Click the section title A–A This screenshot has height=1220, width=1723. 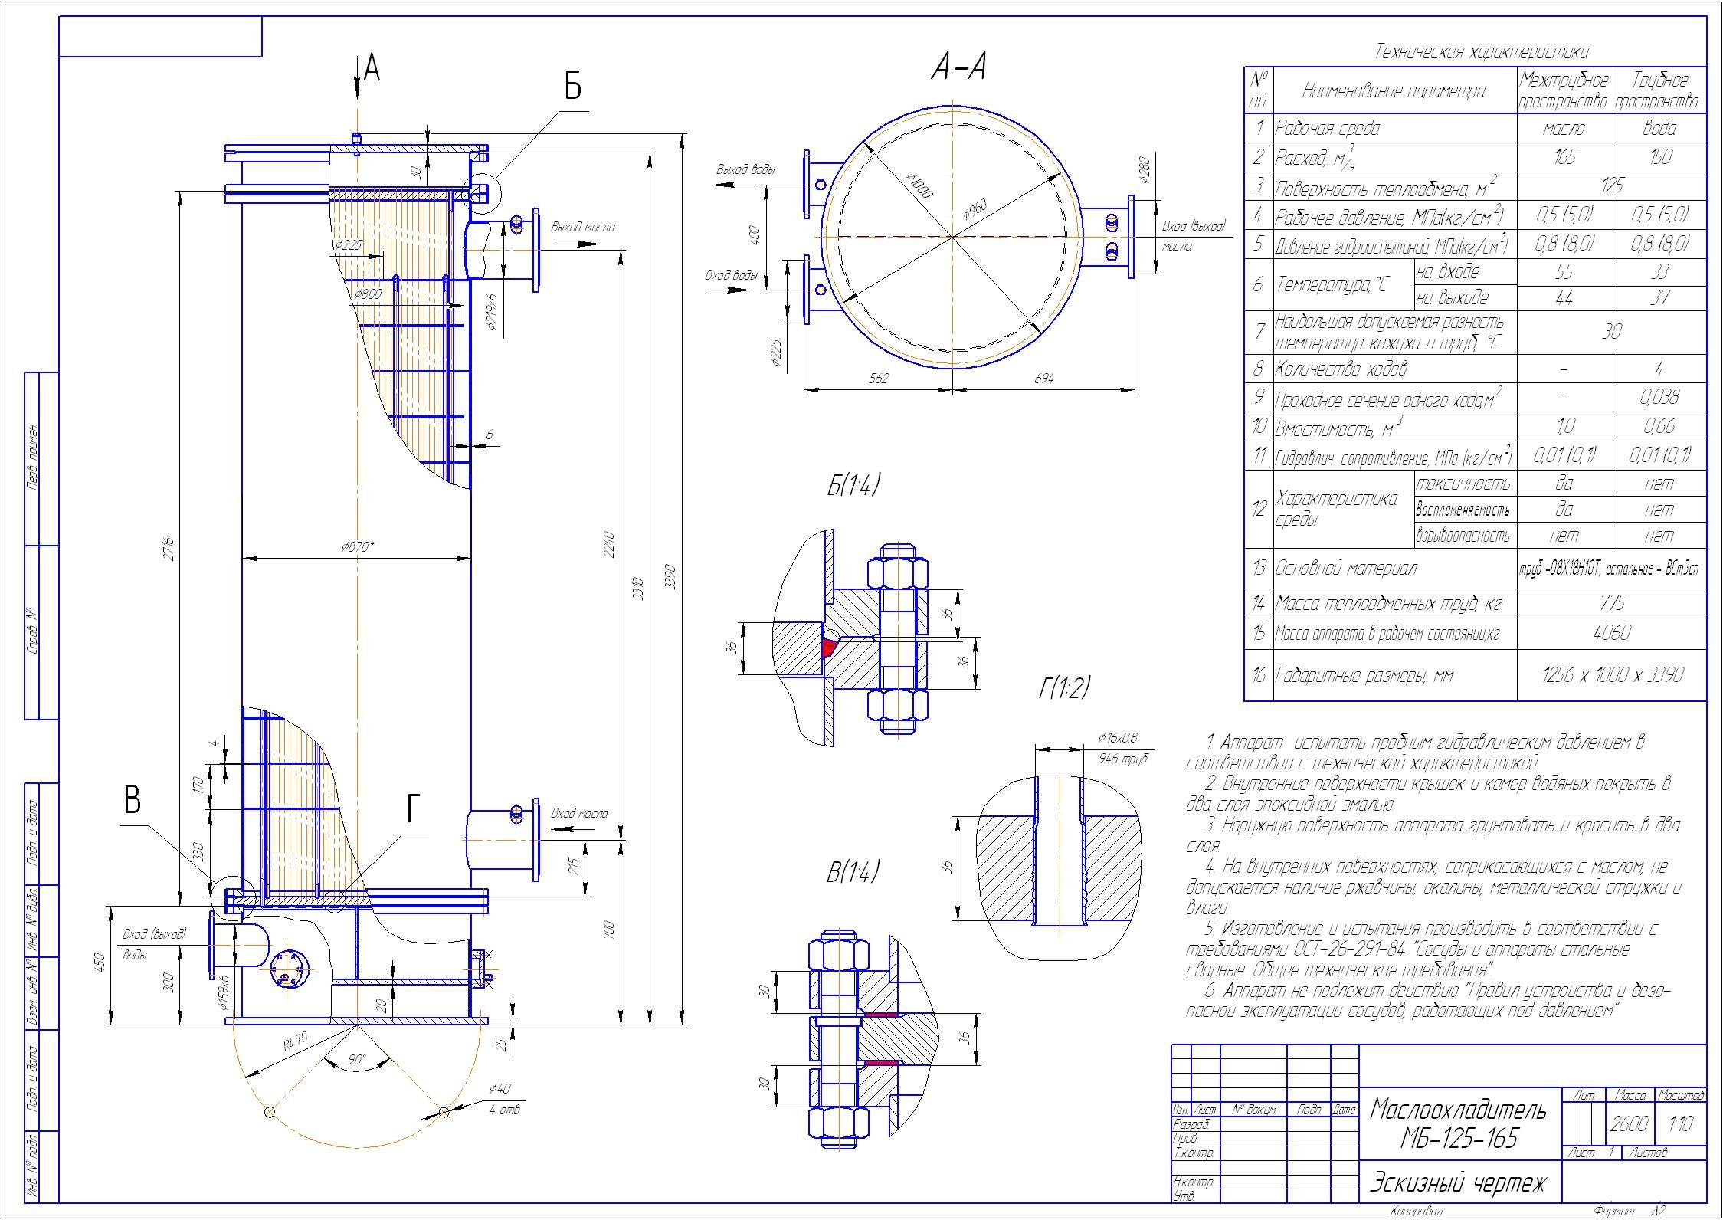point(958,70)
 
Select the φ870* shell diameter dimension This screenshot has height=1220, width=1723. point(358,547)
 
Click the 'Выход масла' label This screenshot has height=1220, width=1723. point(582,227)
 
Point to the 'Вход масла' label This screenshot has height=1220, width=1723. point(579,813)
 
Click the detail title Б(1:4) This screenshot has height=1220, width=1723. point(853,486)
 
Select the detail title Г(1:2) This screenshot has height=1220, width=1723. point(1064,688)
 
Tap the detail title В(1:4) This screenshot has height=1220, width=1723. point(853,873)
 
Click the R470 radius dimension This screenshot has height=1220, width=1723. point(294,1043)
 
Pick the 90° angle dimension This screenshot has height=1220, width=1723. point(357,1060)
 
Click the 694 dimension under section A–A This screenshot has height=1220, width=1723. point(1043,379)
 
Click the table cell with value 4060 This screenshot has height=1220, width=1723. point(1612,633)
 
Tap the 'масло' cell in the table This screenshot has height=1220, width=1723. point(1564,128)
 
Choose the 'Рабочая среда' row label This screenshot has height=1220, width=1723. point(1327,128)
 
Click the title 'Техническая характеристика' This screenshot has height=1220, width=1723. point(1476,52)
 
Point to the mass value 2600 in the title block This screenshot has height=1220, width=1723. point(1629,1124)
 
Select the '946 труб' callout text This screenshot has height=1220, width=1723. point(1123,759)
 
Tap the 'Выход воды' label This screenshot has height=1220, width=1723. point(745,169)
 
